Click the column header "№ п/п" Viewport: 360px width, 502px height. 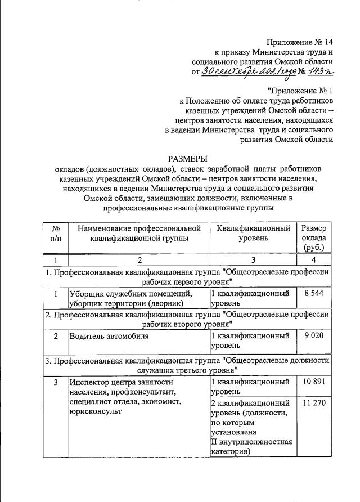point(56,233)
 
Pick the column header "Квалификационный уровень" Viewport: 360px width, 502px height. point(253,233)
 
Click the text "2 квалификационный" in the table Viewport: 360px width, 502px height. point(250,403)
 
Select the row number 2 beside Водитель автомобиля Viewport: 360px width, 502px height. point(56,336)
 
